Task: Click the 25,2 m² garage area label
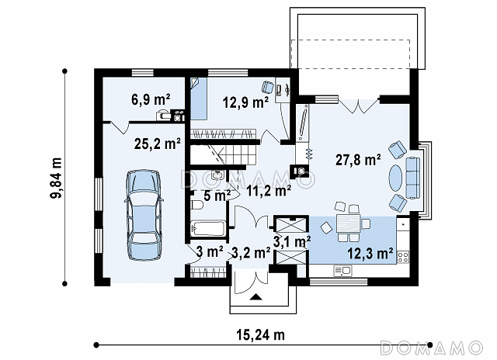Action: tap(158, 144)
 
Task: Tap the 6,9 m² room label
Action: tap(151, 99)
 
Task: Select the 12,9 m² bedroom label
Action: tap(245, 102)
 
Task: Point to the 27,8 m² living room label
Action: tap(358, 160)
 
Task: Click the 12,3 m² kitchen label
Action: tap(370, 253)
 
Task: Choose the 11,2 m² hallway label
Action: tap(269, 190)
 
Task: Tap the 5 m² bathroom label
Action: tap(217, 196)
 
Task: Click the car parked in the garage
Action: tap(144, 215)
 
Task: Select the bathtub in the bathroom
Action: tap(208, 228)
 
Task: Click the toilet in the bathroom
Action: tap(196, 205)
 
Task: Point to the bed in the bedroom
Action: tap(199, 99)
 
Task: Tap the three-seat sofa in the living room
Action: tap(412, 178)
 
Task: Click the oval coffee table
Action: tap(396, 178)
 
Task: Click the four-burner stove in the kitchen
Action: tap(403, 257)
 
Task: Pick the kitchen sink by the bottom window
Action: tap(342, 271)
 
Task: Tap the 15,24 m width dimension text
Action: tap(261, 334)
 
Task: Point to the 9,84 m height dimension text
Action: tap(56, 178)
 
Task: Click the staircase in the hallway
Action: tap(224, 154)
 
